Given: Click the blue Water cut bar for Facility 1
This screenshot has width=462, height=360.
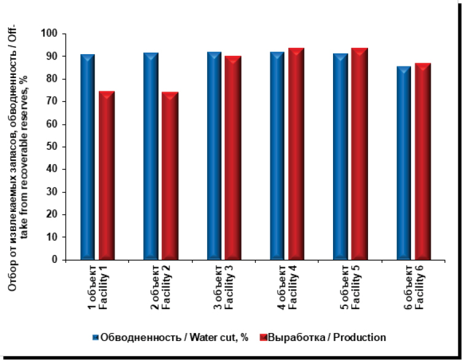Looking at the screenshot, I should pyautogui.click(x=88, y=157).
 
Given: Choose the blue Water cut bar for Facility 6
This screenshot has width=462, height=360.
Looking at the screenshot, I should pyautogui.click(x=404, y=163).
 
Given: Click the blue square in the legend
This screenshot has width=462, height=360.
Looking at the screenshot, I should pyautogui.click(x=95, y=337).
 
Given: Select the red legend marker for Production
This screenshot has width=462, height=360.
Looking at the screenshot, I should pyautogui.click(x=263, y=337).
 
